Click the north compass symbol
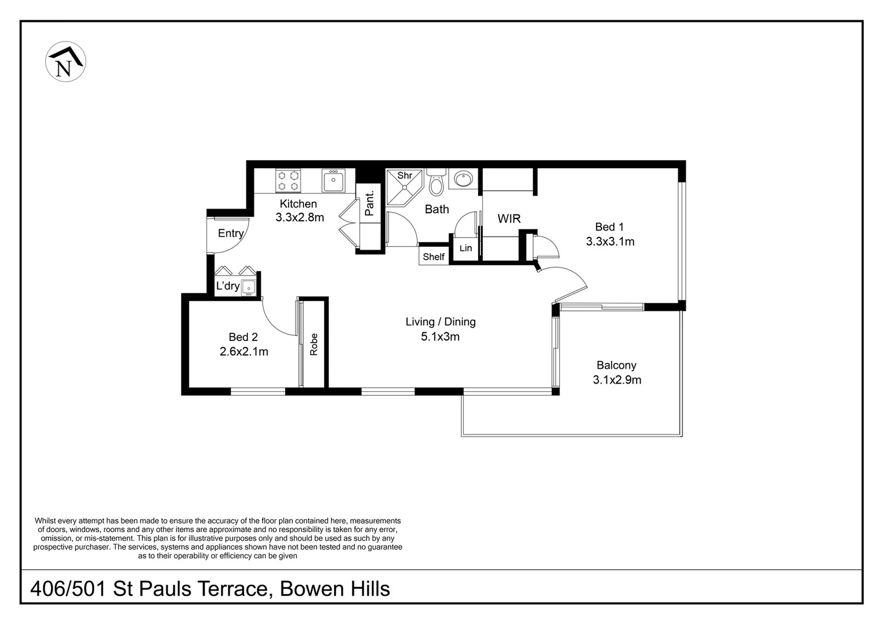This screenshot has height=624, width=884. [65, 61]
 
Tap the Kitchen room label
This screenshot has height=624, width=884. [298, 203]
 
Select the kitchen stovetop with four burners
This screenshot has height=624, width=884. [288, 181]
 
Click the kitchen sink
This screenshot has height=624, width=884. [334, 180]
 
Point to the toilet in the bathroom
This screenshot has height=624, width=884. [436, 182]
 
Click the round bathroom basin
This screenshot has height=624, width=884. [463, 179]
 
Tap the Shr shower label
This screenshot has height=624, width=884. [405, 175]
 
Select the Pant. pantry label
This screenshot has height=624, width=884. [369, 203]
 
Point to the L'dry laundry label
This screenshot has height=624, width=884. [228, 285]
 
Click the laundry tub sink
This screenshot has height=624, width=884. [249, 287]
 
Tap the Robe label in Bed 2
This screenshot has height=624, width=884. [314, 344]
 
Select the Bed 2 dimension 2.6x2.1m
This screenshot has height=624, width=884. [244, 351]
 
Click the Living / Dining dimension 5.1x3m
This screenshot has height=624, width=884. [440, 336]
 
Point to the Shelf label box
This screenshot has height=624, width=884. [434, 257]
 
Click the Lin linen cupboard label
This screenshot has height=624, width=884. [465, 248]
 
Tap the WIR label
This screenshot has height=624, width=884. [509, 218]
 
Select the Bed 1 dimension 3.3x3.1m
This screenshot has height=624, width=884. [610, 242]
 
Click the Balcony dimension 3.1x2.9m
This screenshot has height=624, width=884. [617, 380]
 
